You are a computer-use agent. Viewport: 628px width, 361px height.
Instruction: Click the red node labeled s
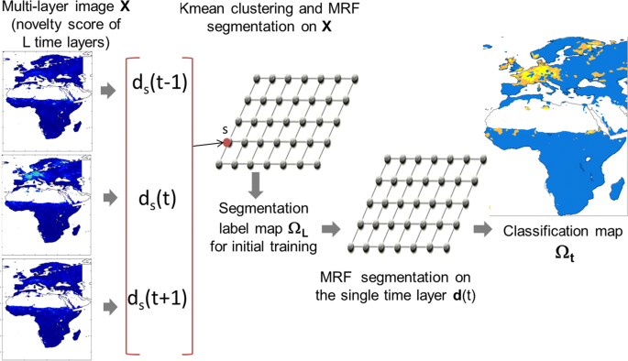[225, 142]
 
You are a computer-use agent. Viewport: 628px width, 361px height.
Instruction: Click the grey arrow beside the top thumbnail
[109, 90]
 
